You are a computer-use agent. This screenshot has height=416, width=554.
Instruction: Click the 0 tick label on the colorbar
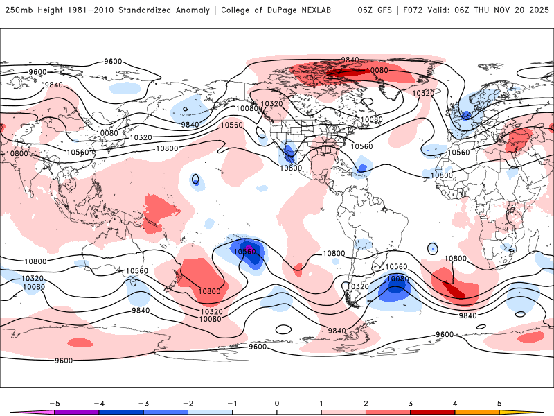click(x=277, y=402)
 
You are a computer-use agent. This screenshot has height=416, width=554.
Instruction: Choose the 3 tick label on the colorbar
click(x=410, y=402)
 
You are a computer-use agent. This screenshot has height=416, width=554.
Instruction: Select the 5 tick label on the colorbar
click(x=499, y=402)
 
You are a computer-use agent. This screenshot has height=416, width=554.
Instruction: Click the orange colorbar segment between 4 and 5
click(x=476, y=412)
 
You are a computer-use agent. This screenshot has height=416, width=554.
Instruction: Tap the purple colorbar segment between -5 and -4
click(x=77, y=412)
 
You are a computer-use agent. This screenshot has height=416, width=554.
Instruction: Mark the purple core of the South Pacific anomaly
click(x=248, y=249)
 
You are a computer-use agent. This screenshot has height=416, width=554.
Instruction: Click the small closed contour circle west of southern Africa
click(x=433, y=248)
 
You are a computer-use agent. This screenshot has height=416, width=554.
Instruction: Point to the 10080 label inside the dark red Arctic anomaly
click(x=376, y=70)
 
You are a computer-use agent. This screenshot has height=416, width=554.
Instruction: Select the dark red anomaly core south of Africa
click(x=454, y=289)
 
